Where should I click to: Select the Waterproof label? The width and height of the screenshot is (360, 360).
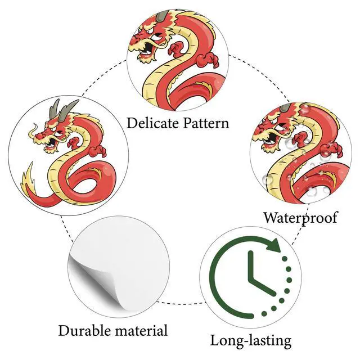click(x=300, y=217)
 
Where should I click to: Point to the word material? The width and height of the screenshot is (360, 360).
click(x=142, y=330)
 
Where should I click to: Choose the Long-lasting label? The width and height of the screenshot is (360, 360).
click(x=251, y=340)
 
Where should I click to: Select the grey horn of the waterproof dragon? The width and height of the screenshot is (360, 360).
click(x=286, y=107)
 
